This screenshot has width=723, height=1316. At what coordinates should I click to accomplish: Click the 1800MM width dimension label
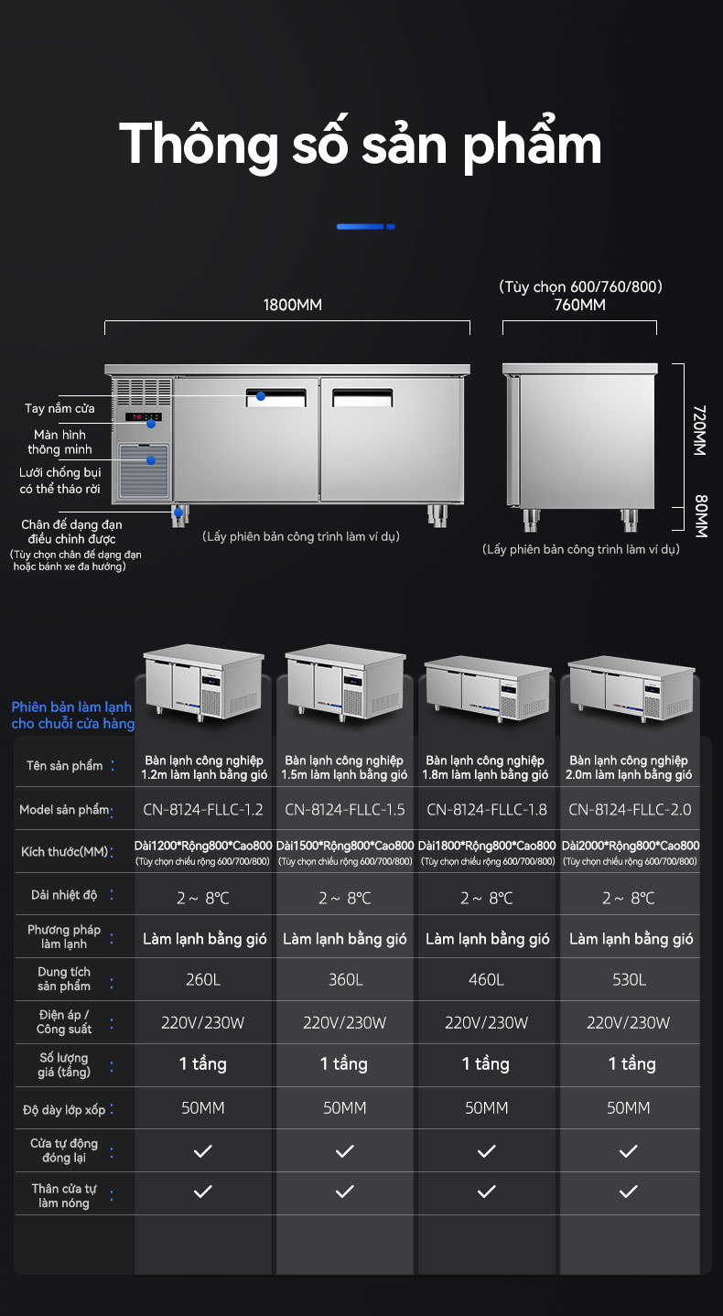pos(293,305)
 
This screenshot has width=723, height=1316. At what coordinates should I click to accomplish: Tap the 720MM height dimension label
pos(699,430)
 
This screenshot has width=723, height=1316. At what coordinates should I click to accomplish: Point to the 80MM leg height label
pos(700,516)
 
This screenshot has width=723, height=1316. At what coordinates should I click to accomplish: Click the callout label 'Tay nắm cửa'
pos(59,408)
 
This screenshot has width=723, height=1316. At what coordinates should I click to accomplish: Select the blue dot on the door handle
pos(261,396)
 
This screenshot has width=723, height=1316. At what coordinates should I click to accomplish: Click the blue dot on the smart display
pos(151,424)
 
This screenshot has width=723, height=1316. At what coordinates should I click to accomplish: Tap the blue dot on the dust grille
pos(151,460)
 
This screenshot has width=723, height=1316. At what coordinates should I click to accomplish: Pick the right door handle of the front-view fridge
pos(362,398)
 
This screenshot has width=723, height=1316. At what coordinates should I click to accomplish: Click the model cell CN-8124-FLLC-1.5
pos(345,810)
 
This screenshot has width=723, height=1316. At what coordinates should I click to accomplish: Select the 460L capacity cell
pos(486,980)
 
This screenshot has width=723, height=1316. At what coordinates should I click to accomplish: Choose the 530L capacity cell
pos(629,980)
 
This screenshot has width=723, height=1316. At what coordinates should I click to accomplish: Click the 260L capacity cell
pos(203,980)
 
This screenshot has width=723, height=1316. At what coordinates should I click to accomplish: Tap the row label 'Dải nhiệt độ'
pos(64,895)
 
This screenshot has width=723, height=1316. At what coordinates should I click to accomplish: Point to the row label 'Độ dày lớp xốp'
pos(64,1110)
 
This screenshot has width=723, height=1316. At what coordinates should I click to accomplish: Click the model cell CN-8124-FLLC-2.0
pos(630,810)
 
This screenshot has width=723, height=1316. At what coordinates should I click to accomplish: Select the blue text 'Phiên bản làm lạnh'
pos(71,707)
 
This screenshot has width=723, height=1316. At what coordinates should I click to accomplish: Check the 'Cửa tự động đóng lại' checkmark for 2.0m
pos(629,1151)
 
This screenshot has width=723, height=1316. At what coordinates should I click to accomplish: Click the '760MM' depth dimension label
pos(579,305)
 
